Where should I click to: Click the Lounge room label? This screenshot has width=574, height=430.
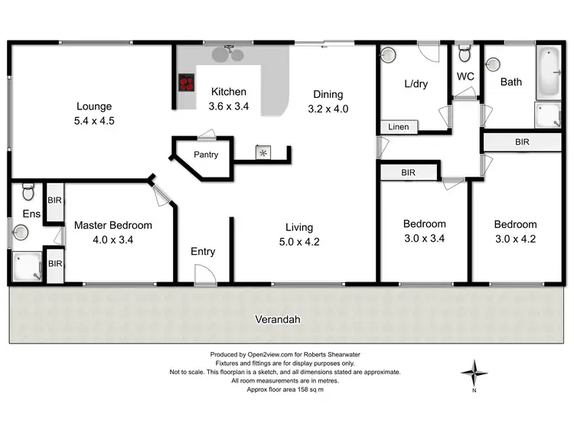[94, 106]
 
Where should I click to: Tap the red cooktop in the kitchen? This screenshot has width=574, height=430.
[186, 82]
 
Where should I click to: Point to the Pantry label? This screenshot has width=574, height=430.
[206, 155]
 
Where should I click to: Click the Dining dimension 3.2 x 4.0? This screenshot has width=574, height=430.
[328, 109]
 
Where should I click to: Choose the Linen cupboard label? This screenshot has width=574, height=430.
[398, 127]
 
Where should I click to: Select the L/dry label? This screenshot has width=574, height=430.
[415, 84]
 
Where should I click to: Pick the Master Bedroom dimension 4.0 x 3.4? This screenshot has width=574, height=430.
[113, 239]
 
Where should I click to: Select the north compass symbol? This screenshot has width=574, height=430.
[474, 374]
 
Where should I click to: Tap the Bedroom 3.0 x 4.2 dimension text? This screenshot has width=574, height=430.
[514, 238]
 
